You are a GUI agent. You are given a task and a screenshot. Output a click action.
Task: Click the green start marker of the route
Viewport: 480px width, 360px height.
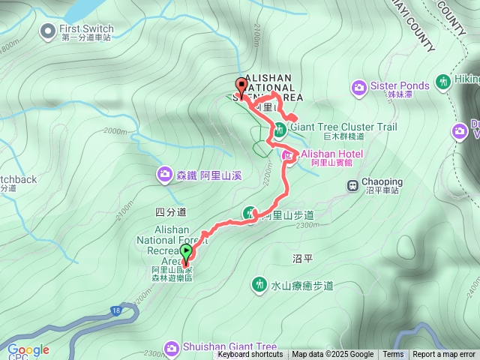[186, 252]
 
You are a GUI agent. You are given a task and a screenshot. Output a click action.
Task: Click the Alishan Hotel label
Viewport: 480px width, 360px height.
[332, 154]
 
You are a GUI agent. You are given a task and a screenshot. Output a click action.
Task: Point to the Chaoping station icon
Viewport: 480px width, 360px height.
[351, 184]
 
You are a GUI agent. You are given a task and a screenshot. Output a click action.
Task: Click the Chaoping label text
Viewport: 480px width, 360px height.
[382, 182]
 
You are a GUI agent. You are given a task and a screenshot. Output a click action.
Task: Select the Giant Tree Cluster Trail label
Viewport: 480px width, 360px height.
[343, 127]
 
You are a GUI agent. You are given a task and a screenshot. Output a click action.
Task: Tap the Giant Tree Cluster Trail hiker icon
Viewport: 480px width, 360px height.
[279, 129]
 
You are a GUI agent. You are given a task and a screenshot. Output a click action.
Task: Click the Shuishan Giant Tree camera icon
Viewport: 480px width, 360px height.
[172, 347]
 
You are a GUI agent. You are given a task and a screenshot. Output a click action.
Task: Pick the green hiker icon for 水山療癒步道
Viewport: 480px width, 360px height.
[259, 284]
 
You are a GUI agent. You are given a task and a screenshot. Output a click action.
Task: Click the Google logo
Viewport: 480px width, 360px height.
[28, 349]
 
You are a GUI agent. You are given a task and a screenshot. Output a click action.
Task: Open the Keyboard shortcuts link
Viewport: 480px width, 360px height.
[250, 355]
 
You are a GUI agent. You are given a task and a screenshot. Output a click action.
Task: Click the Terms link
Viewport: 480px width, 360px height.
[393, 355]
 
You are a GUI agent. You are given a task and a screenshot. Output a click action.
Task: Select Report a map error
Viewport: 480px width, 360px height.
[444, 355]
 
